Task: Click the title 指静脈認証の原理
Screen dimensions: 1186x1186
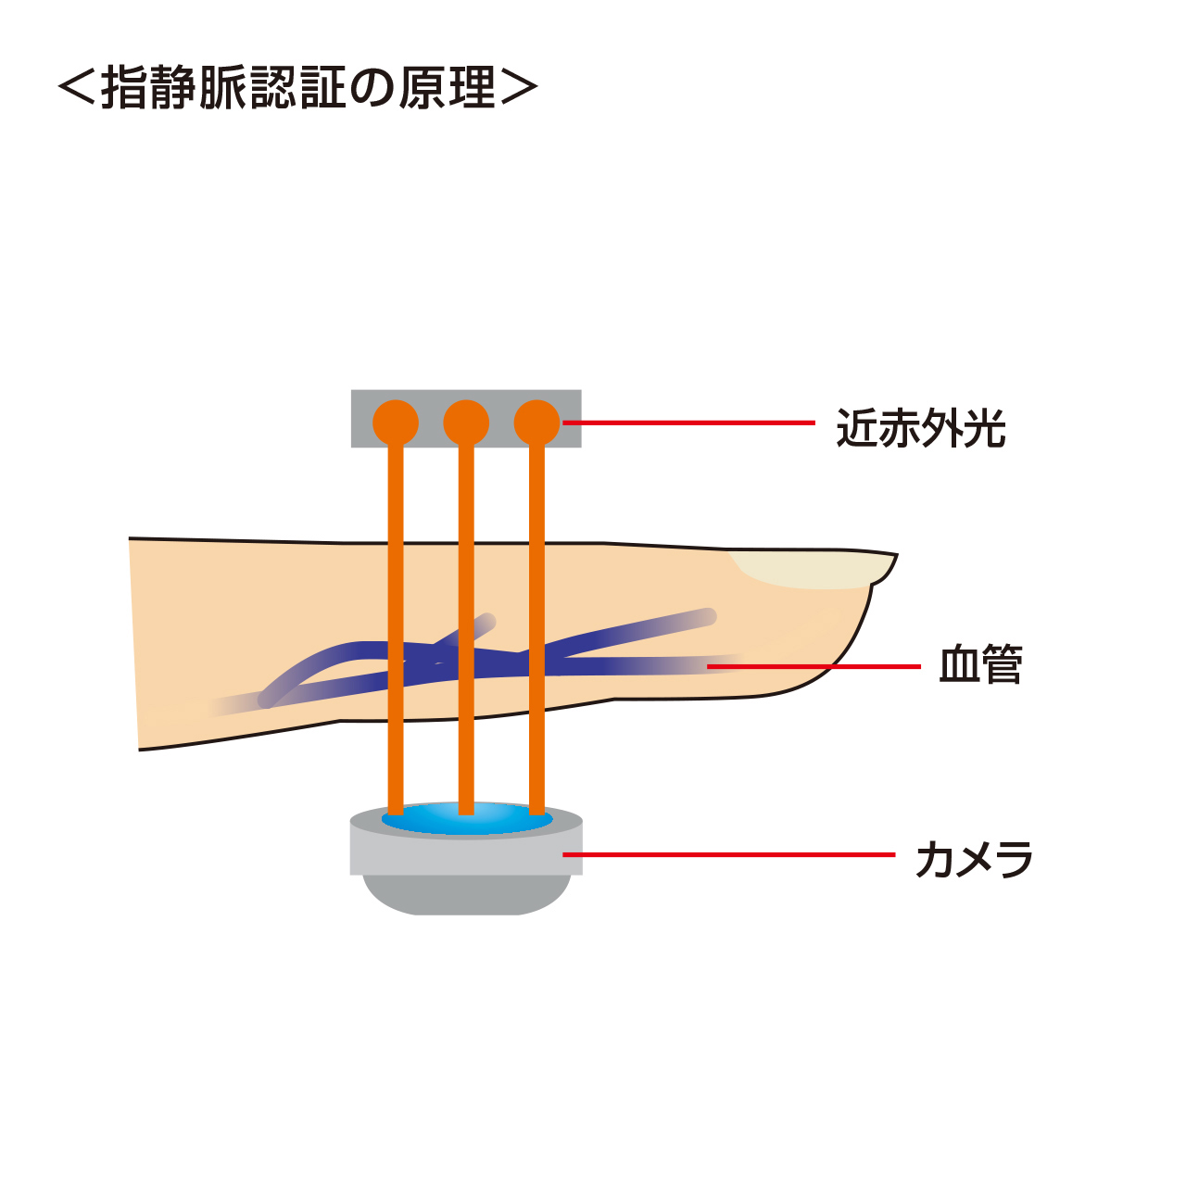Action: coord(297,88)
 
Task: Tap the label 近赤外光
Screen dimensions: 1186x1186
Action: coord(920,428)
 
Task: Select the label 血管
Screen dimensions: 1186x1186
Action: coord(980,665)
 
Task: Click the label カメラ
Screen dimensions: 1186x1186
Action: coord(974,859)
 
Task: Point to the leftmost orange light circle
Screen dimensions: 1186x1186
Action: coord(396,423)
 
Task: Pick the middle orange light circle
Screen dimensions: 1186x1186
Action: coord(466,423)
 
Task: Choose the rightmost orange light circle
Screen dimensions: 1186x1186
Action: coord(536,423)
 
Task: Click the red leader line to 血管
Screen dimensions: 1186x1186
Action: coord(815,666)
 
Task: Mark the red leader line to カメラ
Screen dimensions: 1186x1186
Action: coord(732,854)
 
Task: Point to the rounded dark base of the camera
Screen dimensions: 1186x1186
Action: coord(466,895)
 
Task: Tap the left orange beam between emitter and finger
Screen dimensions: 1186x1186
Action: coord(396,496)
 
